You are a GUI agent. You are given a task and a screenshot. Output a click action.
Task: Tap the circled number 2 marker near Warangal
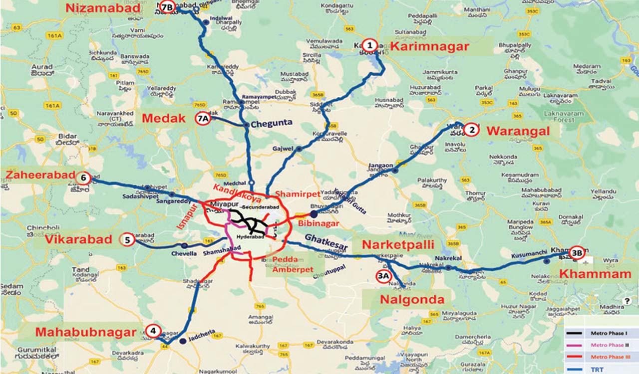point(470,130)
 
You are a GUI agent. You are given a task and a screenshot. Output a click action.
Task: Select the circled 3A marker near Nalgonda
point(383,276)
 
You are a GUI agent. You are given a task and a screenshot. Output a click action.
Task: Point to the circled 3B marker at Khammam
point(577,252)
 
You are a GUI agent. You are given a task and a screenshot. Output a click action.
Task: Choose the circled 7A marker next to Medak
point(203,119)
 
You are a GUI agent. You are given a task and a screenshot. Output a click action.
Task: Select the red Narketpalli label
point(398,245)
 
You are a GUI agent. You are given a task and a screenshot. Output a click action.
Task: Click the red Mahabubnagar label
point(85,332)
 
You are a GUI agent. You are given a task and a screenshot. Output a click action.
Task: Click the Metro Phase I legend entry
point(601,333)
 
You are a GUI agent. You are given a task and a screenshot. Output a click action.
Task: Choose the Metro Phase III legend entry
point(601,357)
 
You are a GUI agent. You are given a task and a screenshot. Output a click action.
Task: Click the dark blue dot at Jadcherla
point(183,341)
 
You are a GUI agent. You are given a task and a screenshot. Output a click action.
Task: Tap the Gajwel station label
point(282,149)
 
